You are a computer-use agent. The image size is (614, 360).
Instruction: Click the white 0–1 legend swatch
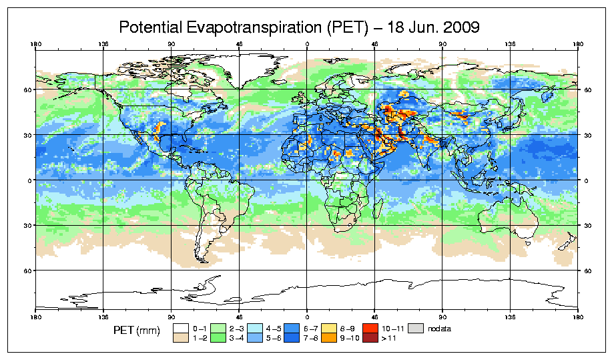click(x=180, y=328)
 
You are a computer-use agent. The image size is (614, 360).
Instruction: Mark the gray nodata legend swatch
click(x=416, y=328)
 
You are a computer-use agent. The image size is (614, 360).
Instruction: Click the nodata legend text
click(x=440, y=328)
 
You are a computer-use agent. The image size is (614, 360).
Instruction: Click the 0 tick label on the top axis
click(x=307, y=45)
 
